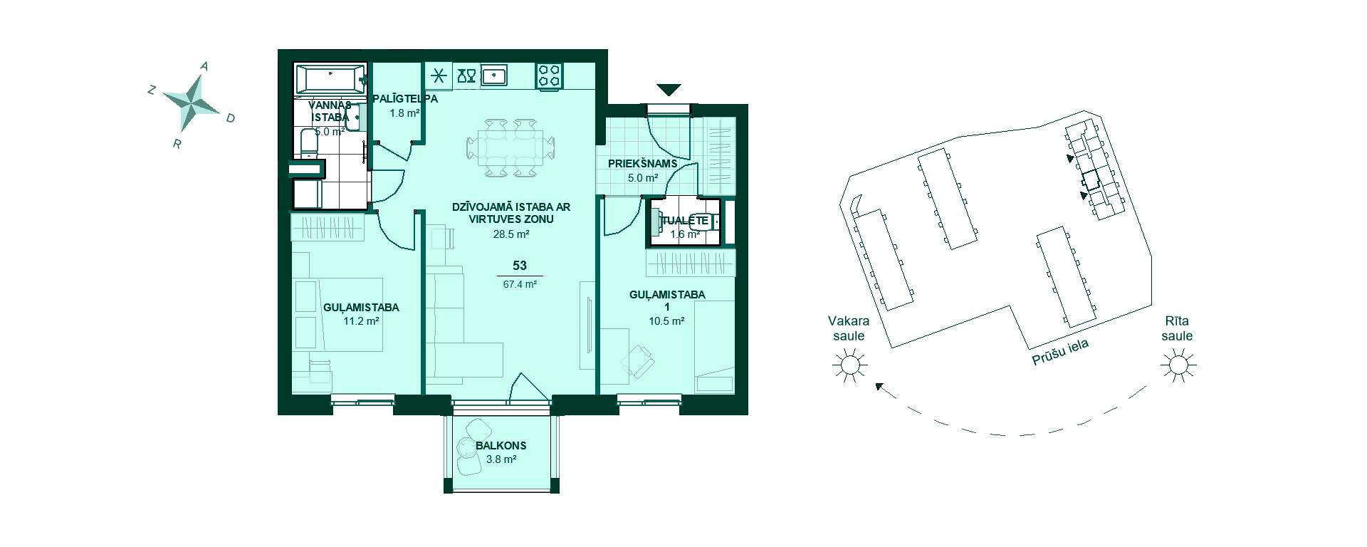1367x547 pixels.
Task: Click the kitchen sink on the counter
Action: (x=493, y=74)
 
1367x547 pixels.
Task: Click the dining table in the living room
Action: (x=510, y=147)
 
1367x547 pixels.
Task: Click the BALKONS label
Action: (x=501, y=446)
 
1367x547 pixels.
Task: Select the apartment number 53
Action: (x=520, y=266)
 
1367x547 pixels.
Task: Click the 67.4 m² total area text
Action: (x=520, y=283)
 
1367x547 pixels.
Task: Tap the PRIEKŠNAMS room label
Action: (x=642, y=164)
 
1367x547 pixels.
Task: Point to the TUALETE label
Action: (x=685, y=221)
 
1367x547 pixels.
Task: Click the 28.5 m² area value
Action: (x=511, y=234)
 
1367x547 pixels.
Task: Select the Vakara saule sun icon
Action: (x=850, y=366)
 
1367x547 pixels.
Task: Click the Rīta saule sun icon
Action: (x=1177, y=366)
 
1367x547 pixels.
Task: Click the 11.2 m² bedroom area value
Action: (x=361, y=321)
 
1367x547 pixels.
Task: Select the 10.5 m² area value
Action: (x=667, y=321)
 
